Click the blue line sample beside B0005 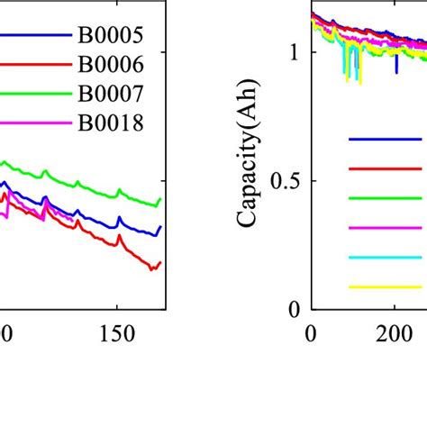click(36, 36)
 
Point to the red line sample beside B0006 click(36, 65)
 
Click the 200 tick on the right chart click(395, 332)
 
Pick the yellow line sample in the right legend click(386, 287)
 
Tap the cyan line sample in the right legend click(386, 258)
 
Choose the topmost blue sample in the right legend click(386, 139)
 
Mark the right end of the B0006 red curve click(160, 263)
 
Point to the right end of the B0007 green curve click(160, 199)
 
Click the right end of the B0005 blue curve click(160, 228)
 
